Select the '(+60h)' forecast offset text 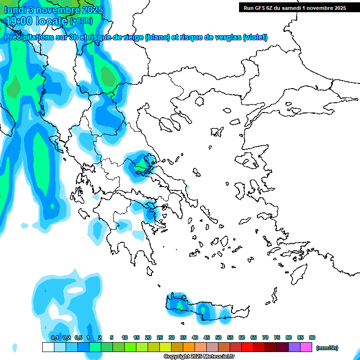pyautogui.click(x=81, y=21)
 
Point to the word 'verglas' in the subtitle pyautogui.click(x=225, y=37)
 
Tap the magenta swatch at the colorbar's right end pyautogui.click(x=306, y=347)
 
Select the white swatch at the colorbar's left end pyautogui.click(x=48, y=347)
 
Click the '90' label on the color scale pyautogui.click(x=312, y=337)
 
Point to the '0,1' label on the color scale pyautogui.click(x=54, y=337)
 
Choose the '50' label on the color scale pyautogui.click(x=218, y=337)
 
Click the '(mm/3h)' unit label pyautogui.click(x=327, y=348)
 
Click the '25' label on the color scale pyautogui.click(x=160, y=337)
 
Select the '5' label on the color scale pyautogui.click(x=112, y=337)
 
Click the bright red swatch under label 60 pyautogui.click(x=247, y=347)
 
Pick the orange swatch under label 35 pyautogui.click(x=189, y=347)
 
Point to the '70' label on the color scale pyautogui.click(x=265, y=337)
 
